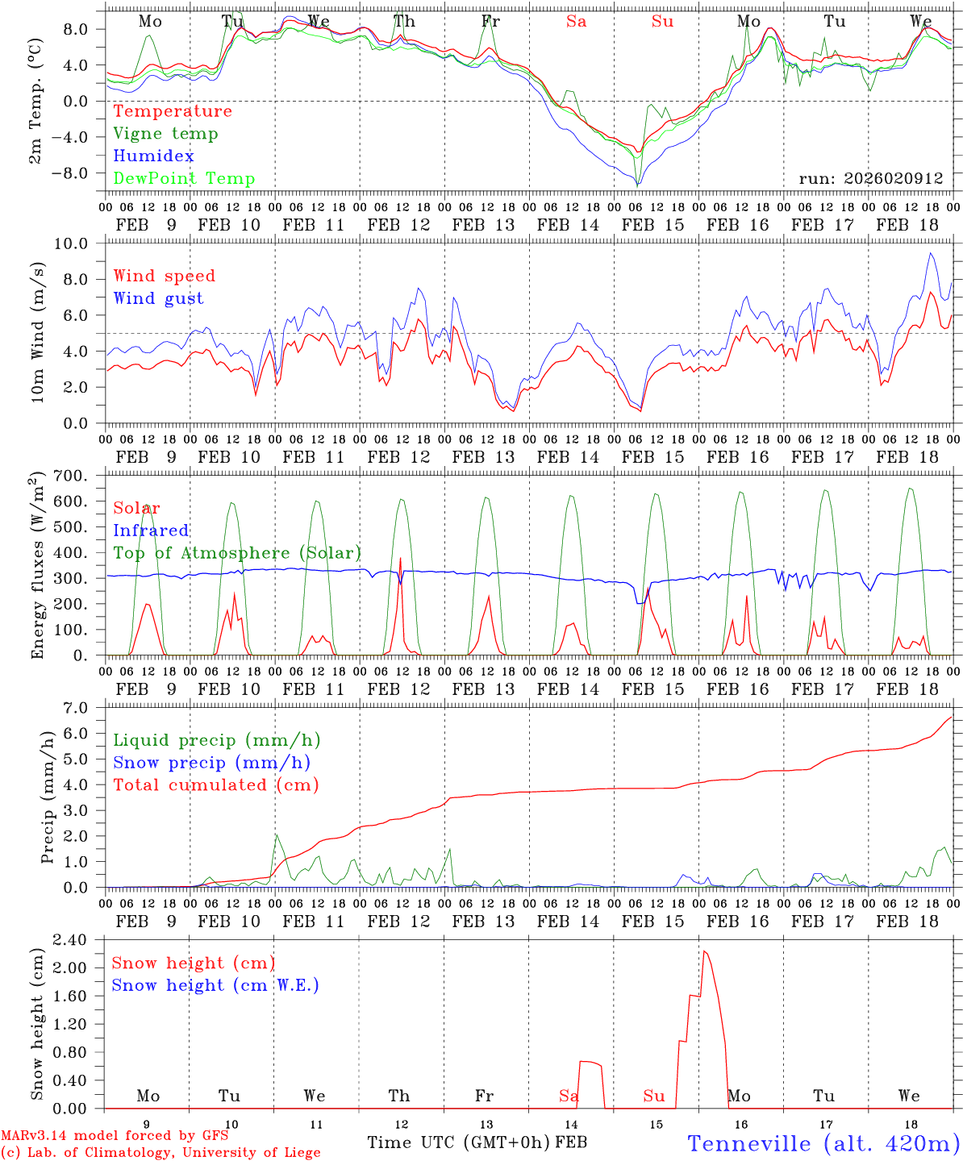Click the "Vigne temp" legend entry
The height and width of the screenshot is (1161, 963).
point(165,134)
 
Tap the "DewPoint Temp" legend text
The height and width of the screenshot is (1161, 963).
point(184,179)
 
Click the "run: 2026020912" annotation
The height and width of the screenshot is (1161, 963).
point(870,179)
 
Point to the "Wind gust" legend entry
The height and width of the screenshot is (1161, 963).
point(158,298)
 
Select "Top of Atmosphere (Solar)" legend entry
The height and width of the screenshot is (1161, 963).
point(237,553)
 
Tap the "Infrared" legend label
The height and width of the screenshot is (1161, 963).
point(151,531)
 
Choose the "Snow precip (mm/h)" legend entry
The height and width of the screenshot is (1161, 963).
point(211,763)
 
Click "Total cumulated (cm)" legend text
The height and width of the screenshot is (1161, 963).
point(215,785)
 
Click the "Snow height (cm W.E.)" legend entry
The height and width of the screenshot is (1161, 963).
point(215,985)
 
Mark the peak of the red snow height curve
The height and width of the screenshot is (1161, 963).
point(704,951)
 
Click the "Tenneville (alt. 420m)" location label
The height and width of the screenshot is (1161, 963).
point(823,1143)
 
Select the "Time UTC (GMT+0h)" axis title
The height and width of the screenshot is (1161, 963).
point(459,1142)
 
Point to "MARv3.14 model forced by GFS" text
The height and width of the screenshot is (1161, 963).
point(114,1136)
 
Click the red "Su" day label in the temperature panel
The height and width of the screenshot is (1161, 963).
point(662,22)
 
